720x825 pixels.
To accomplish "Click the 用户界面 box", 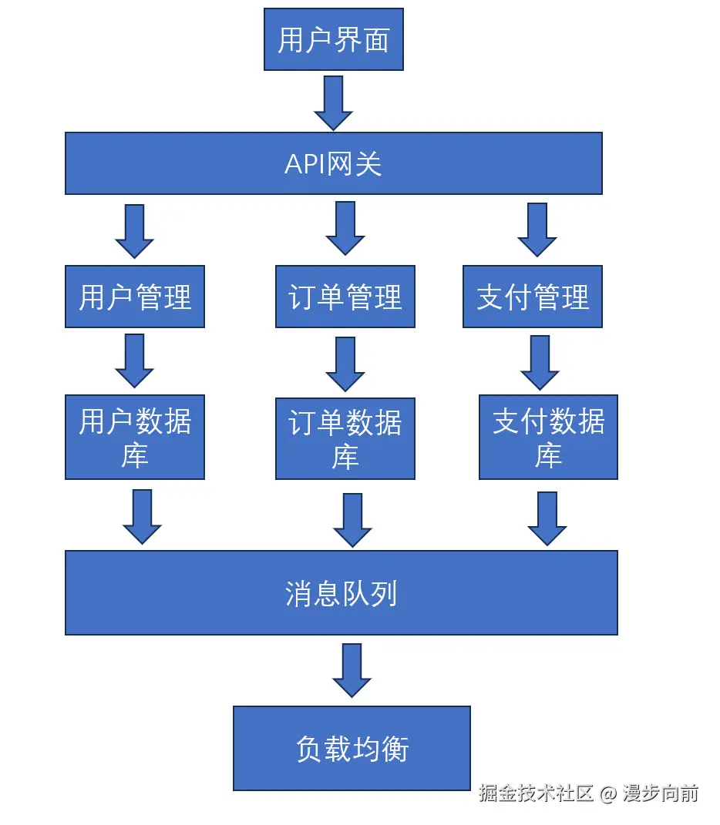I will [x=333, y=39].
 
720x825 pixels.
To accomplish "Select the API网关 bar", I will [x=333, y=163].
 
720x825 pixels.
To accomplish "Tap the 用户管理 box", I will [x=135, y=297].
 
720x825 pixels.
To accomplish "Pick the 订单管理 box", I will [x=345, y=297].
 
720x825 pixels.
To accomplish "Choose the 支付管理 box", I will [x=533, y=297].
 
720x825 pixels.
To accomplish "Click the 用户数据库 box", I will [x=135, y=438].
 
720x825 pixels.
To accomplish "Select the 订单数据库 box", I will [x=345, y=438].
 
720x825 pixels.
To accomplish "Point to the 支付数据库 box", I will [x=548, y=438].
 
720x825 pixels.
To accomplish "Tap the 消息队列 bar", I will [x=341, y=592].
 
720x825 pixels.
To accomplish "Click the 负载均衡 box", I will [x=352, y=748].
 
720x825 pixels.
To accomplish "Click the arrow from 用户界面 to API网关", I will [x=333, y=102].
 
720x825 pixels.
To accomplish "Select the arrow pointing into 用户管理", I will [x=135, y=230].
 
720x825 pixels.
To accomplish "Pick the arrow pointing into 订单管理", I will [x=345, y=228].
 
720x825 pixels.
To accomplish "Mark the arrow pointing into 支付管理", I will [x=537, y=230].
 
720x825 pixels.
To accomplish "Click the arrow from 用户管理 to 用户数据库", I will [x=135, y=360].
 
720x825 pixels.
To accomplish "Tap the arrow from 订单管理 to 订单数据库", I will [x=345, y=364].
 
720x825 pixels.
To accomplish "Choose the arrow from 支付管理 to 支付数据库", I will [x=540, y=362].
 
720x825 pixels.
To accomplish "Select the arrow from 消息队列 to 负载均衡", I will [x=352, y=670].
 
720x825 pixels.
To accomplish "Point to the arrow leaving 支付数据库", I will [x=547, y=518].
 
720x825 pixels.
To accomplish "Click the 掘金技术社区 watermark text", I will [x=536, y=793].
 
